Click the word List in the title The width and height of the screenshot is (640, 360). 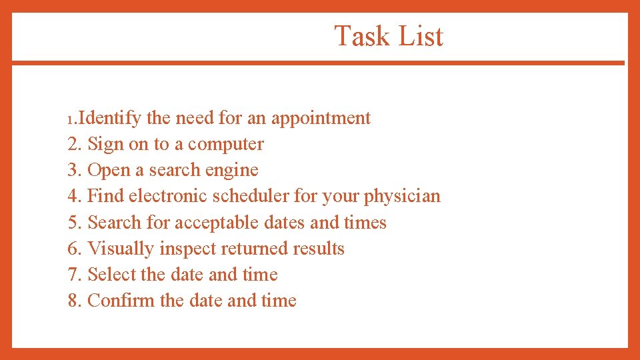click(x=421, y=36)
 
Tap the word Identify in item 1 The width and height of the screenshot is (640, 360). click(x=110, y=118)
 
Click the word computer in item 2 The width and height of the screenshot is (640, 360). click(x=226, y=145)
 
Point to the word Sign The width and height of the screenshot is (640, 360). click(x=105, y=144)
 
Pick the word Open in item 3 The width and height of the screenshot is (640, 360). click(x=109, y=171)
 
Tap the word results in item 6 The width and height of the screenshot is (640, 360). click(x=319, y=249)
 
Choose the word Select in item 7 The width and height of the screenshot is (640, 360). click(x=112, y=274)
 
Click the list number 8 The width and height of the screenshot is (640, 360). click(x=73, y=301)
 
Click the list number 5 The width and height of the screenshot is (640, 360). click(x=73, y=223)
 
